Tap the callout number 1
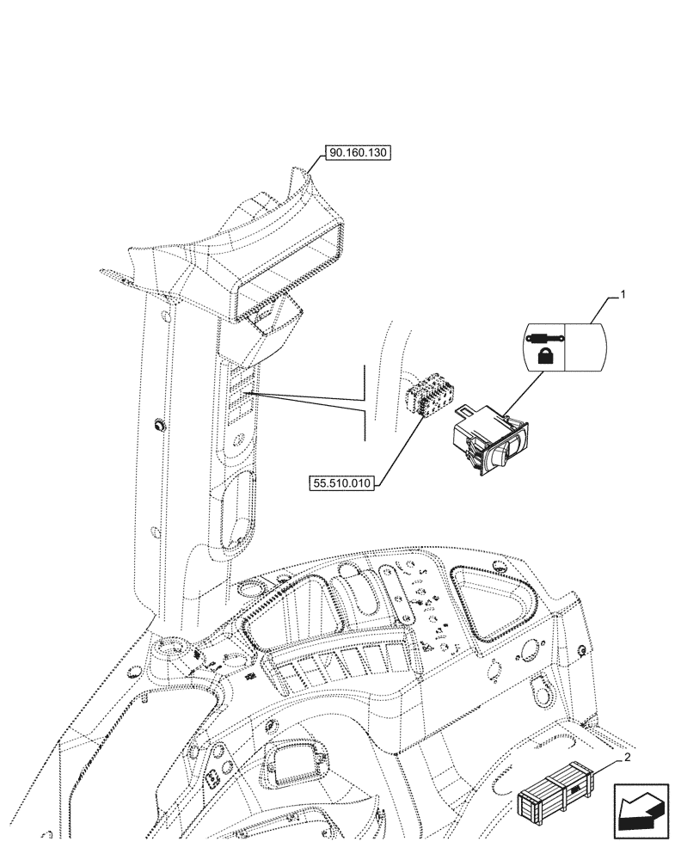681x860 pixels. pos(623,295)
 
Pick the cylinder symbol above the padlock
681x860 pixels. pos(543,337)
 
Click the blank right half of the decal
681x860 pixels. pos(584,347)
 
